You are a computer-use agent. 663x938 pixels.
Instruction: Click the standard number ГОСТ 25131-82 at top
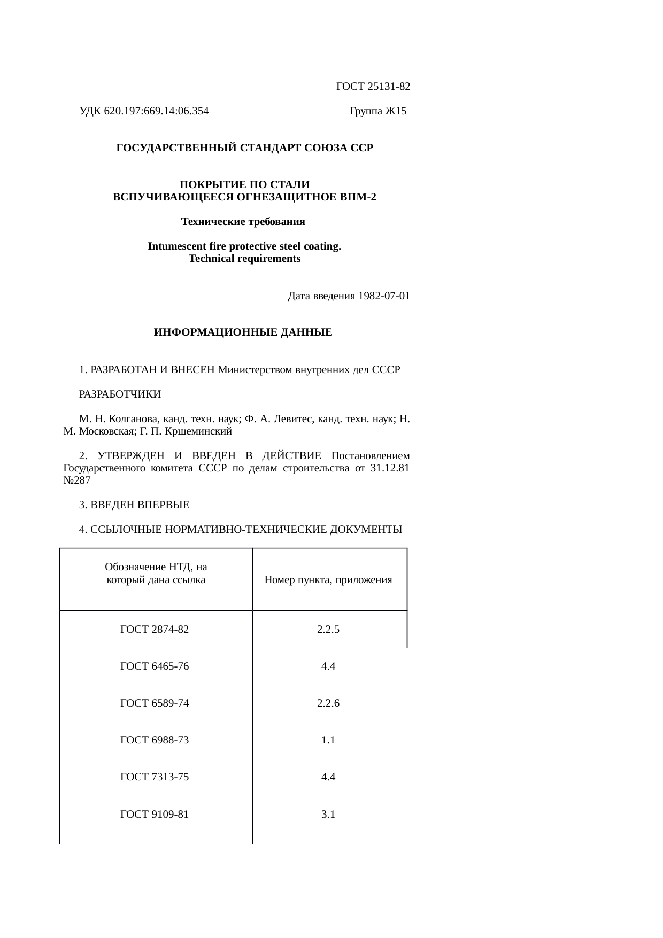(373, 86)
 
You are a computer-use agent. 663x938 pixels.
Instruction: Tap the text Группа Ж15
(377, 111)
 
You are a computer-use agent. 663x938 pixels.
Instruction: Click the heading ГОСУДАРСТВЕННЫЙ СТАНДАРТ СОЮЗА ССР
(244, 148)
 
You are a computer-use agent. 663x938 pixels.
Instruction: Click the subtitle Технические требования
(243, 221)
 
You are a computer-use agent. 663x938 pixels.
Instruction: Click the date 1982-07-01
(384, 296)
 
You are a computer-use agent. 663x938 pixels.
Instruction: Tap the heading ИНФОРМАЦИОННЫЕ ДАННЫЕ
(243, 332)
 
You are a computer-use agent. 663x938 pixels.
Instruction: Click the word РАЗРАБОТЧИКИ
(120, 394)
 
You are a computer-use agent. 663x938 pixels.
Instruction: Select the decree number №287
(76, 480)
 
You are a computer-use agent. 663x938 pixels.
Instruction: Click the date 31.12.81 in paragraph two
(390, 469)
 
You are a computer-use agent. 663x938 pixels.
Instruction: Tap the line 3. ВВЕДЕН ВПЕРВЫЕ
(134, 505)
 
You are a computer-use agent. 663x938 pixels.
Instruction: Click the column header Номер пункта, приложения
(328, 580)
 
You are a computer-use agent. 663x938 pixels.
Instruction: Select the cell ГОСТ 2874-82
(155, 629)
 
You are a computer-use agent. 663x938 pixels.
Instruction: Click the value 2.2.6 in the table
(328, 703)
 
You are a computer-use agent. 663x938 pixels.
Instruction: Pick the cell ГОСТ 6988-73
(155, 740)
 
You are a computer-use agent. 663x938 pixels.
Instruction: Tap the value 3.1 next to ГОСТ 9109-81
(328, 815)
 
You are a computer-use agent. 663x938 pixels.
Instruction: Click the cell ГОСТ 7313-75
(155, 777)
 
